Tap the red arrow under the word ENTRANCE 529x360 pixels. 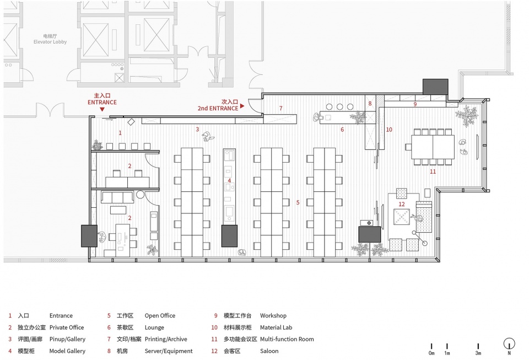[x=102, y=109]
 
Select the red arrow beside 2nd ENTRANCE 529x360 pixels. [x=242, y=106]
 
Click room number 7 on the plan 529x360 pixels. [x=280, y=108]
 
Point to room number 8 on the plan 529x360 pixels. [x=370, y=104]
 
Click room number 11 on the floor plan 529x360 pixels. [x=433, y=172]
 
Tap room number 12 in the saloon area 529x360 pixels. [x=402, y=204]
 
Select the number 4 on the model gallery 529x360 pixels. [x=229, y=181]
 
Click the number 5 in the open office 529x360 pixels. [x=298, y=202]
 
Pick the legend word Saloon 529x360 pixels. [x=269, y=351]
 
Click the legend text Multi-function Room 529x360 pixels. [x=287, y=339]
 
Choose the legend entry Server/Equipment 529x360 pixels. [x=169, y=351]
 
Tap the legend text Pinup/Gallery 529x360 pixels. [x=67, y=339]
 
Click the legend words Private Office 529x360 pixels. [x=67, y=327]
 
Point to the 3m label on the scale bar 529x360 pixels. [x=478, y=353]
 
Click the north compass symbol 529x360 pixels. [x=509, y=344]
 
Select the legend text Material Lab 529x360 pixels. [x=276, y=327]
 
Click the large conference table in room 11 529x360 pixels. [x=433, y=147]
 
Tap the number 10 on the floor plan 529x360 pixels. [x=389, y=130]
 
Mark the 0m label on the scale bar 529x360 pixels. [x=431, y=353]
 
